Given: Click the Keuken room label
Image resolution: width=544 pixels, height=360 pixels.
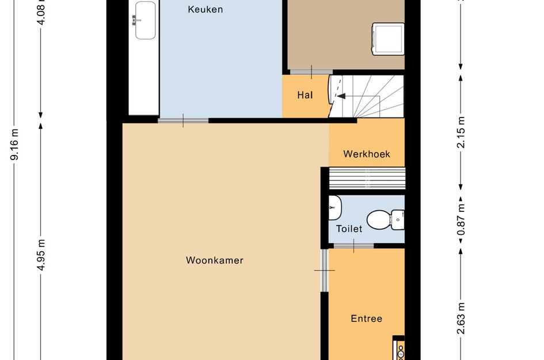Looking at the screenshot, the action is pyautogui.click(x=205, y=9).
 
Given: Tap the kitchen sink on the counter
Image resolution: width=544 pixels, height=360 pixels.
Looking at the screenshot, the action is pyautogui.click(x=144, y=20).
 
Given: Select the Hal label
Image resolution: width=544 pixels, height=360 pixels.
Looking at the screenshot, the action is pyautogui.click(x=305, y=95).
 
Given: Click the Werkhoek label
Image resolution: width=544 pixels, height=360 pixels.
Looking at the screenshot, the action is pyautogui.click(x=367, y=154).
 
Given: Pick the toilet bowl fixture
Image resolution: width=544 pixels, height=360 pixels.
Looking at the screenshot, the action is pyautogui.click(x=385, y=220).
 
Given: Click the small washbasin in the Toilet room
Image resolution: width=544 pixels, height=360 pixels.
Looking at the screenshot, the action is pyautogui.click(x=334, y=207).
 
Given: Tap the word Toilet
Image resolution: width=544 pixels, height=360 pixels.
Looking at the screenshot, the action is pyautogui.click(x=349, y=229).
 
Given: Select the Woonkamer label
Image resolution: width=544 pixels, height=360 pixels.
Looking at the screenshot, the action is pyautogui.click(x=214, y=260).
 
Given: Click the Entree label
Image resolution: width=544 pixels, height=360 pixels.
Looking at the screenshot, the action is pyautogui.click(x=366, y=319).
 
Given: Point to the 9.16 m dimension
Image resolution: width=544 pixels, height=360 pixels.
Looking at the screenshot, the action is pyautogui.click(x=14, y=144).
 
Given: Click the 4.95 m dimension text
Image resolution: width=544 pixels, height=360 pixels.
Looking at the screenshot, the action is pyautogui.click(x=41, y=255).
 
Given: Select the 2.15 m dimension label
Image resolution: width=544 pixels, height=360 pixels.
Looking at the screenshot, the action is pyautogui.click(x=461, y=132).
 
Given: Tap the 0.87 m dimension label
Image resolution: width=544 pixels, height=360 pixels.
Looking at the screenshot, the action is pyautogui.click(x=461, y=219).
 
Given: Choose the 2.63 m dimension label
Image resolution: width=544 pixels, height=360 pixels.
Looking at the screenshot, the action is pyautogui.click(x=461, y=318).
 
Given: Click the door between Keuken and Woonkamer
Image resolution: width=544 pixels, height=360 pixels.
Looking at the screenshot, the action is pyautogui.click(x=183, y=120).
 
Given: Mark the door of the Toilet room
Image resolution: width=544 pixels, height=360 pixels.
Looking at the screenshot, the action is pyautogui.click(x=353, y=246).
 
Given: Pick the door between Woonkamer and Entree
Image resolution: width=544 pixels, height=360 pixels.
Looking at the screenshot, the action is pyautogui.click(x=324, y=270).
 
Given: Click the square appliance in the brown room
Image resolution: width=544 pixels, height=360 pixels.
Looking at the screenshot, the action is pyautogui.click(x=388, y=39).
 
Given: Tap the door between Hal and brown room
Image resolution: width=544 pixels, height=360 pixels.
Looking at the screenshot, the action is pyautogui.click(x=311, y=72).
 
